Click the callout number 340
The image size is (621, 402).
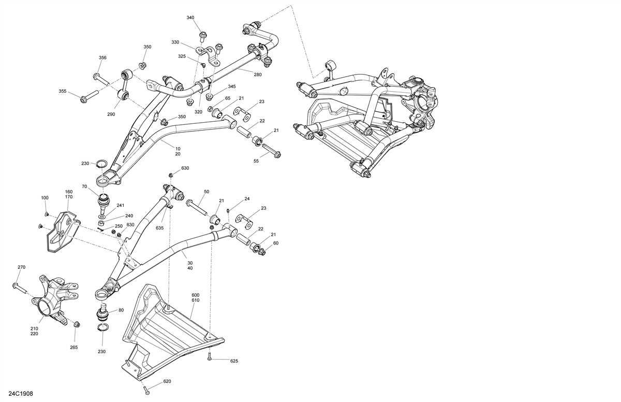click(190, 18)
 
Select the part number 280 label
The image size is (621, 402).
click(258, 75)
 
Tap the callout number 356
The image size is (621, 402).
click(102, 58)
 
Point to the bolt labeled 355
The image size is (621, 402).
click(88, 97)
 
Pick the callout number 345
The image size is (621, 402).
click(231, 87)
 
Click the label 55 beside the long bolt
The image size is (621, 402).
click(256, 161)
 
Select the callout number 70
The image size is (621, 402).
click(84, 186)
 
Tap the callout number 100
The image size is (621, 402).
click(45, 198)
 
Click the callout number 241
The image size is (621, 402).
click(121, 205)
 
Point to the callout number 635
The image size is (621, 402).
click(159, 228)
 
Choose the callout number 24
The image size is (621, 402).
click(247, 199)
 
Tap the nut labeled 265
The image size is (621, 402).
click(77, 325)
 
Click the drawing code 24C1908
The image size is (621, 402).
click(21, 395)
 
